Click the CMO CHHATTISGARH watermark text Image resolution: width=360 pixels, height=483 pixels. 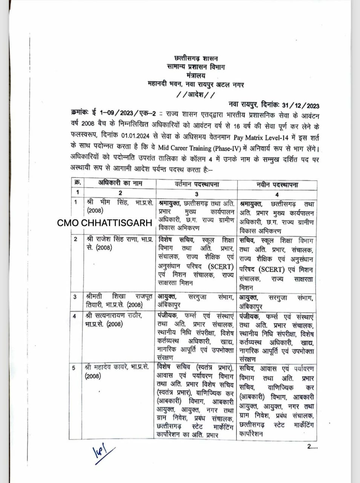pos(104,223)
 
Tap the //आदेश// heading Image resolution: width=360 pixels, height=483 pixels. pos(196,95)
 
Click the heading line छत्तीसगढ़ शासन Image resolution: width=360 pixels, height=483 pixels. pos(196,58)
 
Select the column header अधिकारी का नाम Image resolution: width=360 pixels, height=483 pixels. pos(120,183)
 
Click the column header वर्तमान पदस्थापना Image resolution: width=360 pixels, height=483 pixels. pos(197,184)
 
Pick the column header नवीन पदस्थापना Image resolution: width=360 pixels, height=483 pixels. pos(277,185)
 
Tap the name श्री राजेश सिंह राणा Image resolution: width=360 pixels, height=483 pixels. pos(113,240)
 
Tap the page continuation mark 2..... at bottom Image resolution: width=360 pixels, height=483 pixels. pos(313,446)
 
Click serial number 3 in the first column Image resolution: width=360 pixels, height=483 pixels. pos(75,297)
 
